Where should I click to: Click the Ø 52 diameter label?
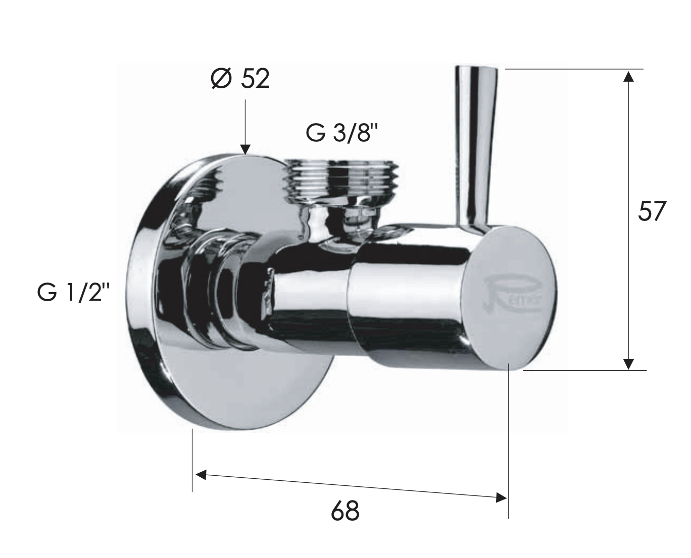(240, 79)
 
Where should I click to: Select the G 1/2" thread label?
(73, 293)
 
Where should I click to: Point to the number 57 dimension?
(652, 210)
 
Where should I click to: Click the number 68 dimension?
(345, 511)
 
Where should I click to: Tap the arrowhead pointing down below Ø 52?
(245, 148)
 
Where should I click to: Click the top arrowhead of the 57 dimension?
(628, 76)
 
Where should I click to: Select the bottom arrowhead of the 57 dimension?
(628, 363)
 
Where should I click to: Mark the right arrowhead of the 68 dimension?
(501, 497)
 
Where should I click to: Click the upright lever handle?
(475, 146)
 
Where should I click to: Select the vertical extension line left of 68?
(192, 459)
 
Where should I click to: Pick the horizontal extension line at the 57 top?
(574, 69)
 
